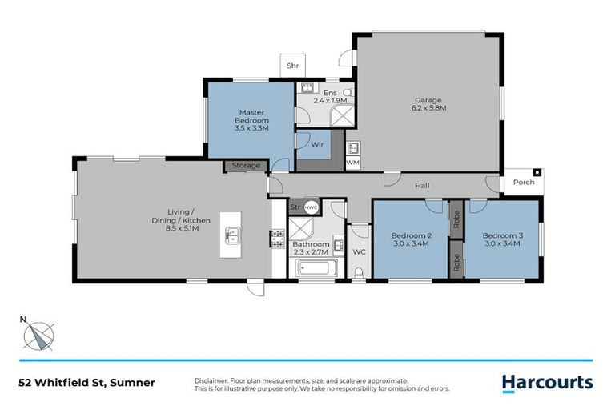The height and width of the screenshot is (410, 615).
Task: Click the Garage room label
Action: tap(428, 102)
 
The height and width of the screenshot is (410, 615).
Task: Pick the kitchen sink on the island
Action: tap(233, 235)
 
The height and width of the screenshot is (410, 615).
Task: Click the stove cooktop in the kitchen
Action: tap(278, 239)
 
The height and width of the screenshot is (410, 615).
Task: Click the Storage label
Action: tap(246, 166)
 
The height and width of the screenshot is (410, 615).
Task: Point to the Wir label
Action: tap(317, 146)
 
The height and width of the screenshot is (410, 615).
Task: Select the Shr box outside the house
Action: tap(292, 66)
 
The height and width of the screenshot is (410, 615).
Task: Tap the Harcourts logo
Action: tap(547, 383)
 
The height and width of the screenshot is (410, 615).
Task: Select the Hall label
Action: tap(422, 186)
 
